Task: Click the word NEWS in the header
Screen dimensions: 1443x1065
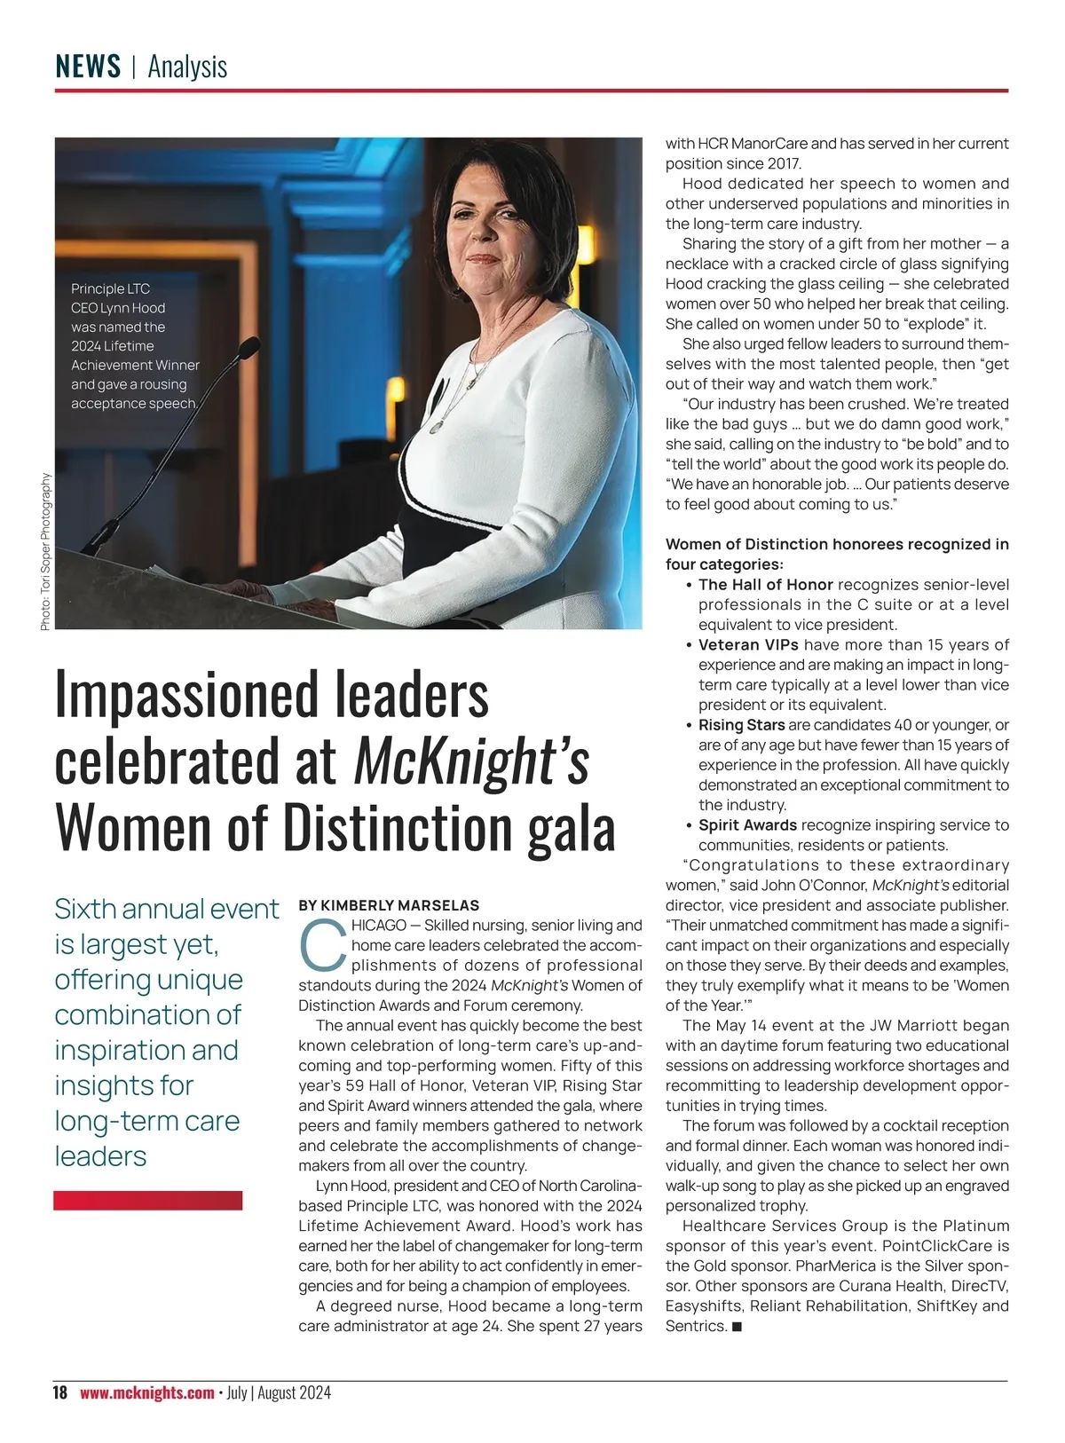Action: click(88, 67)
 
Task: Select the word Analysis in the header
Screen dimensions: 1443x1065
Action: click(187, 67)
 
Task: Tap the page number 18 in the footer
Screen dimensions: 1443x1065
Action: click(60, 1392)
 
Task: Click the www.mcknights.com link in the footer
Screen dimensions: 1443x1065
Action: click(147, 1392)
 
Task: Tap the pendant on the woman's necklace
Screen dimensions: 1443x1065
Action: click(436, 427)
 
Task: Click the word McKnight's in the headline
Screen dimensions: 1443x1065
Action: click(471, 761)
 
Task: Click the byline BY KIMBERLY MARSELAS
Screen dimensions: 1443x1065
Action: click(389, 905)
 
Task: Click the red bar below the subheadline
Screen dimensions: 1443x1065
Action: click(147, 1200)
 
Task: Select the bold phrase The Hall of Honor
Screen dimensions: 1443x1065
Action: click(765, 585)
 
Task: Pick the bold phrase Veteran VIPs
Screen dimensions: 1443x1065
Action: click(748, 645)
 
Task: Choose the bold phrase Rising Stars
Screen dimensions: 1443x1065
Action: click(741, 725)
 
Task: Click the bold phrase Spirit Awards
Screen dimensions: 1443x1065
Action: click(747, 825)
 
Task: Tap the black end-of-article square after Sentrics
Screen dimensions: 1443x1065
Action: click(737, 1327)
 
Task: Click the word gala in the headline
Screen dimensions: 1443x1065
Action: click(572, 827)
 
